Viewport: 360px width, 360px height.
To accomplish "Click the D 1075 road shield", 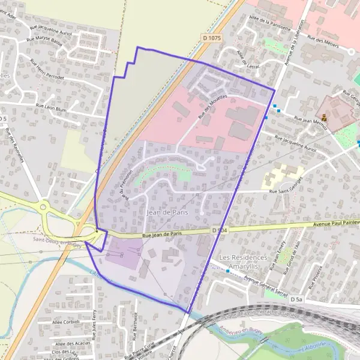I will pyautogui.click(x=212, y=37).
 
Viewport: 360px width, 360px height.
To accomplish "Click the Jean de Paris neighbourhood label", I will pyautogui.click(x=164, y=212).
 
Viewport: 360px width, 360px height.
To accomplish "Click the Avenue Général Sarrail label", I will pyautogui.click(x=265, y=285).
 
